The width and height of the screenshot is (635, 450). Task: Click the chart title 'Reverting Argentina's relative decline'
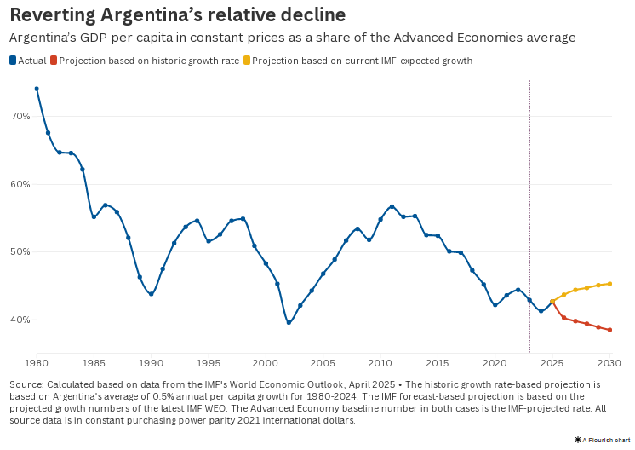coord(177,15)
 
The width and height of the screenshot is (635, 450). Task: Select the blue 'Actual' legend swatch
coord(13,61)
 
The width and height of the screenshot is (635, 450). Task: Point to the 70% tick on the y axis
coord(21,116)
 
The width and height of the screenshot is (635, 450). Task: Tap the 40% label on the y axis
coord(21,320)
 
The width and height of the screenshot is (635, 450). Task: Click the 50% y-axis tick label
coord(21,251)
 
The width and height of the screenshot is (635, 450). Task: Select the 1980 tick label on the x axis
coord(37,362)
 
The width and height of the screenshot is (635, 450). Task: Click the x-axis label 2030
coord(610,362)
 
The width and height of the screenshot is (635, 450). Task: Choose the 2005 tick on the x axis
coord(323,362)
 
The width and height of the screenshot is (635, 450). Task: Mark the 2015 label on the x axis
coord(438,362)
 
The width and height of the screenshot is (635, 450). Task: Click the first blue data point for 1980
coord(37,89)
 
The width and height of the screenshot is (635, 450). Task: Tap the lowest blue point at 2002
coord(289,323)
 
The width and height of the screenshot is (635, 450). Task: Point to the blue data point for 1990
coord(151,294)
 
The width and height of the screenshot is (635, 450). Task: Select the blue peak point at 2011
coord(392,206)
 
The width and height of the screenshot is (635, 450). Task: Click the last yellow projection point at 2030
coord(610,284)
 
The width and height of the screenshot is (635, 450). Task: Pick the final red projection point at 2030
coord(610,330)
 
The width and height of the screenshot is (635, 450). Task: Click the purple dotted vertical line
coord(529,213)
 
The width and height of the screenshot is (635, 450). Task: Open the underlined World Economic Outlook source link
coord(220,385)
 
